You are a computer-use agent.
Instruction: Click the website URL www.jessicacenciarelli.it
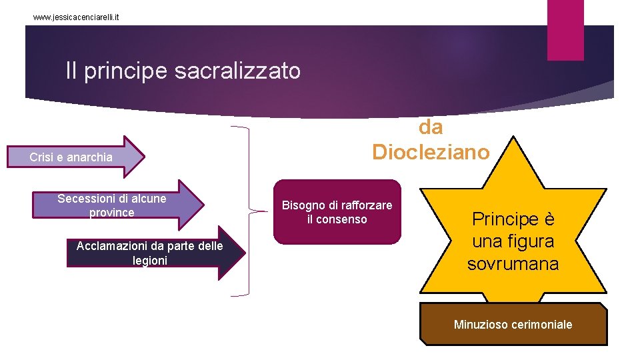pyautogui.click(x=76, y=17)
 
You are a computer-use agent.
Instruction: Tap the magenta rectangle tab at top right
pyautogui.click(x=565, y=29)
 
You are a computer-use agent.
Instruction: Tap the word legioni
pyautogui.click(x=150, y=261)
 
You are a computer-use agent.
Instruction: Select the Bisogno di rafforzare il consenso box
pyautogui.click(x=337, y=211)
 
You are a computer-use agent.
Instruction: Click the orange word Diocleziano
pyautogui.click(x=431, y=152)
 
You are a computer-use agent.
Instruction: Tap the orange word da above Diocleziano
pyautogui.click(x=431, y=127)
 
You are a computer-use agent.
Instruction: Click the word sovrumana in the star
pyautogui.click(x=513, y=263)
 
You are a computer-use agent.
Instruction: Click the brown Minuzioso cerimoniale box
pyautogui.click(x=513, y=325)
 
